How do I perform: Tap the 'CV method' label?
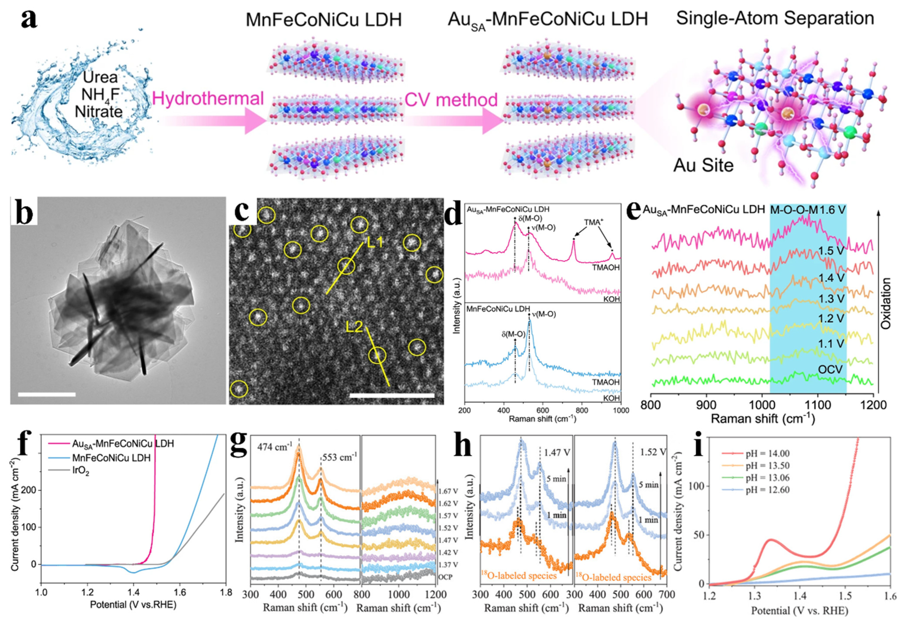[451, 100]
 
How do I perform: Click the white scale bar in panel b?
[47, 395]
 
